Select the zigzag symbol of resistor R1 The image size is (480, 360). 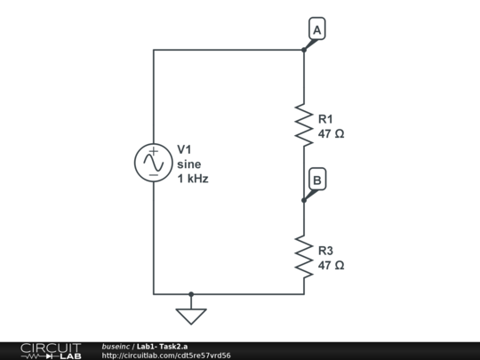pos(304,124)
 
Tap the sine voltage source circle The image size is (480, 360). pos(153,163)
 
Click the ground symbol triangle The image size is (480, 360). pos(190,316)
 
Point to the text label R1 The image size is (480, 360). pos(325,118)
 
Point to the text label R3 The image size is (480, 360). pos(325,250)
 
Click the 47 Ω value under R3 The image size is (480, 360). pos(331,266)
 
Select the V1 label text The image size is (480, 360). pos(185,148)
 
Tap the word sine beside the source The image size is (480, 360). pos(188,164)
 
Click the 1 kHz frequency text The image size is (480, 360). pos(192,179)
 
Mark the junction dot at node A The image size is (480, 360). pos(304,50)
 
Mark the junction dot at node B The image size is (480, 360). pos(304,200)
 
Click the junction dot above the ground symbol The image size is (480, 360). pos(190,293)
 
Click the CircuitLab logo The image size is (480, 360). pos(50,350)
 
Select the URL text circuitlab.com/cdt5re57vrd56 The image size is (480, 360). pos(166,356)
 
